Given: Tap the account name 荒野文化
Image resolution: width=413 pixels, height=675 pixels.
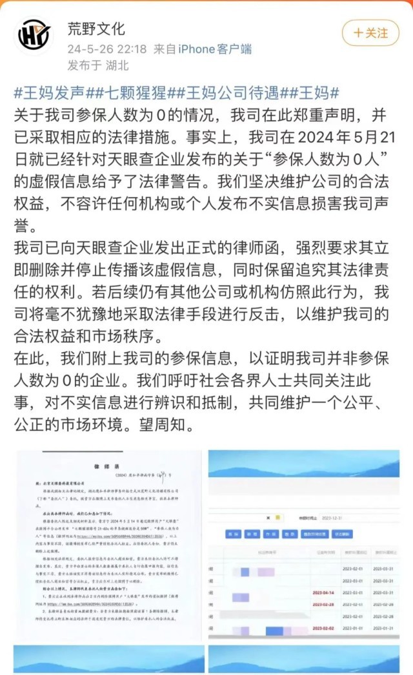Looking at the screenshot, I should click(96, 28).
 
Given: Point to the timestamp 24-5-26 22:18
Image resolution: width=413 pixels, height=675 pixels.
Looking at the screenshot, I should click(107, 48).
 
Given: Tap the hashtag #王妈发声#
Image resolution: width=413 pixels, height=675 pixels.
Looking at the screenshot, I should click(54, 92).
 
